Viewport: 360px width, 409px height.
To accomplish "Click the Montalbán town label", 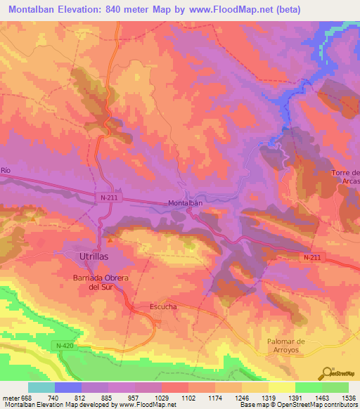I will click(186, 204).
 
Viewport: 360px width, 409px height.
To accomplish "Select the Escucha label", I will click(153, 307).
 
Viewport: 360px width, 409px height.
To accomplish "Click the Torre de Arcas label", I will click(346, 178).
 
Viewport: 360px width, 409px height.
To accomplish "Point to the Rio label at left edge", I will click(6, 171).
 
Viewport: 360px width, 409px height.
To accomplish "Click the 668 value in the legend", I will click(26, 398).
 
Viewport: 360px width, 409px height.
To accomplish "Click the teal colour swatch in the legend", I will click(41, 387).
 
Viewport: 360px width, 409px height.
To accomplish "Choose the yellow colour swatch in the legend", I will click(281, 387).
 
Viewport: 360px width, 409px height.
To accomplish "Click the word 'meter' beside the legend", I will click(11, 398).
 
